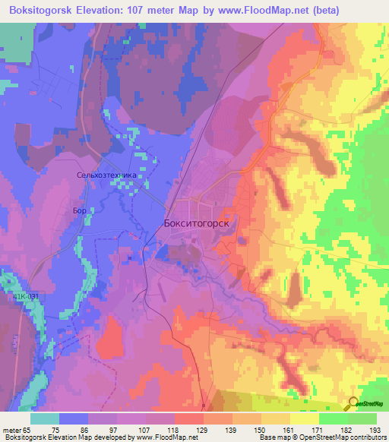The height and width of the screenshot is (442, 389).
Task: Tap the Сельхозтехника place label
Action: (x=107, y=175)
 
